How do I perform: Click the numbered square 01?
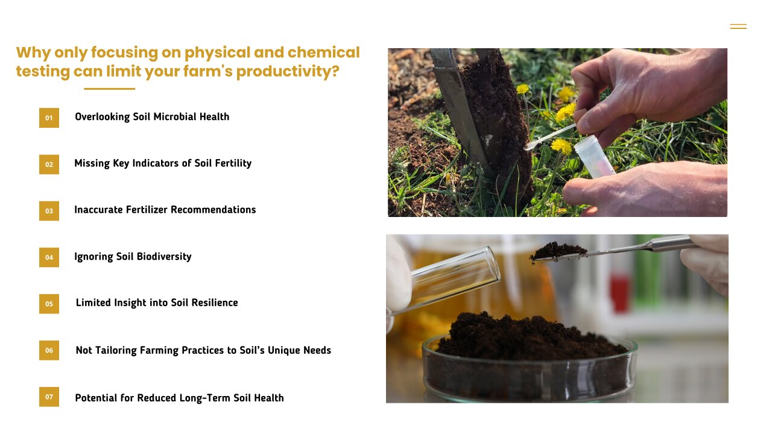(x=49, y=118)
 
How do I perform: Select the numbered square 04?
(x=49, y=257)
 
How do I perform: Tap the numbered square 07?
(x=49, y=397)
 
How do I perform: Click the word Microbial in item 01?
(x=175, y=117)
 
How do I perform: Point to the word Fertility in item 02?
(x=233, y=163)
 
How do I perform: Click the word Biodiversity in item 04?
(x=164, y=257)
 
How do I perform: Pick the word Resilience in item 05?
(x=215, y=303)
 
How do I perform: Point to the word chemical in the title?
(x=324, y=52)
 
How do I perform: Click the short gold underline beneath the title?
(x=110, y=89)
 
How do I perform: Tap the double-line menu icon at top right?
(x=738, y=27)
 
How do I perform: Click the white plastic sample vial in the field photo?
(x=594, y=157)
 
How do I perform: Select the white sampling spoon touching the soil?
(x=550, y=137)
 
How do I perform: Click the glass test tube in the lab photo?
(x=445, y=279)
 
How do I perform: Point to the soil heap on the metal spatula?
(x=558, y=251)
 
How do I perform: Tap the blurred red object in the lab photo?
(x=619, y=293)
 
